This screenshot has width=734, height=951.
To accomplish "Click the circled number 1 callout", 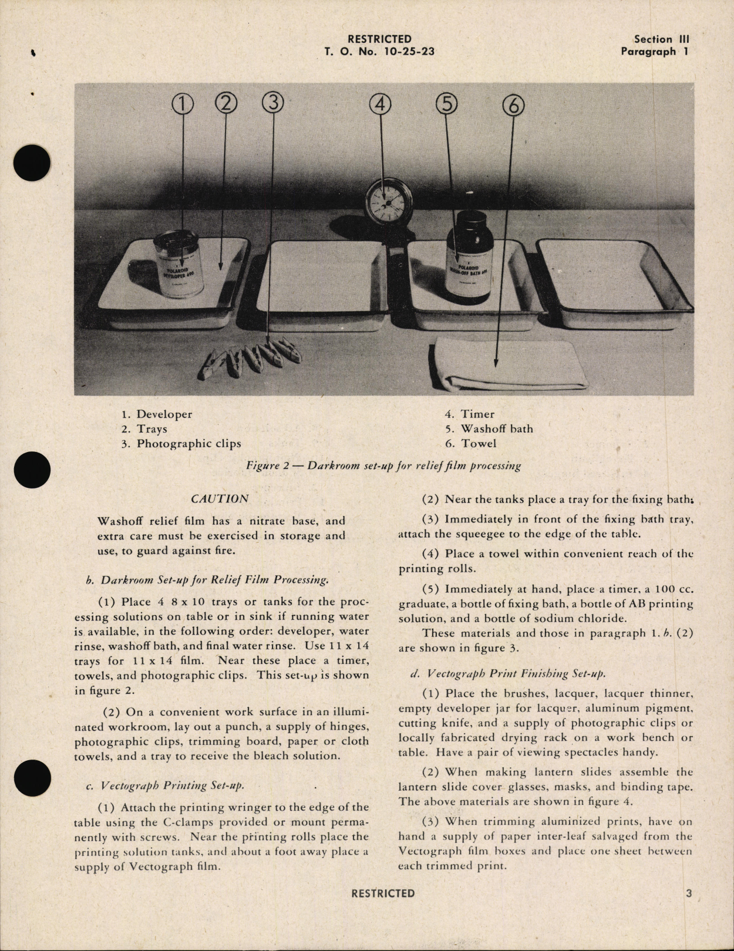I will [183, 104].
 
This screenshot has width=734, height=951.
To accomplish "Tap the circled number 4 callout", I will [380, 104].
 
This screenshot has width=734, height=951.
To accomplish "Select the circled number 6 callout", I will [513, 106].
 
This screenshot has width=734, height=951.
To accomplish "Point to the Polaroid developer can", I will [179, 265].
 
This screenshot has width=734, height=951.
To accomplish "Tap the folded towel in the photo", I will [509, 365].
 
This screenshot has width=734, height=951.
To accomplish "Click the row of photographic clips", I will [250, 356].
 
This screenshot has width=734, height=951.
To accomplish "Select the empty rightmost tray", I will [614, 282].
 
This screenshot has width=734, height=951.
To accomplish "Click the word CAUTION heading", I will [220, 499].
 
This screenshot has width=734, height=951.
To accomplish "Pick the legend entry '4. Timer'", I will [469, 414].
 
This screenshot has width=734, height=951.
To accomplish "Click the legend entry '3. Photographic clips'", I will [181, 444].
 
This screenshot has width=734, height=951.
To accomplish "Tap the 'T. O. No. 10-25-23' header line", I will [379, 52].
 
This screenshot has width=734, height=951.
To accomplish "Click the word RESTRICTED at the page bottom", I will [383, 893].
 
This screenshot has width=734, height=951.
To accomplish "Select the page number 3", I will [689, 893].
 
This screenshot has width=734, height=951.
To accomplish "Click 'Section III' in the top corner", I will [661, 39].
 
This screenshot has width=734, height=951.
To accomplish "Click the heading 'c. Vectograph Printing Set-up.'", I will [165, 785].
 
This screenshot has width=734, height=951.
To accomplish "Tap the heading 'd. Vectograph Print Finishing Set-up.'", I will [508, 674].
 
